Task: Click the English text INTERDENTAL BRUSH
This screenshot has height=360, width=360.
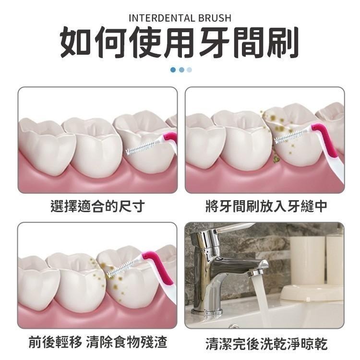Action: [x=180, y=19]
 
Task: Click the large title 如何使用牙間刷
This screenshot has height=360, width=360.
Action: [x=180, y=44]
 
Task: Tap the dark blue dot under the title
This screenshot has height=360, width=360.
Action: [x=173, y=70]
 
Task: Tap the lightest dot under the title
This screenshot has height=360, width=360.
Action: [x=189, y=70]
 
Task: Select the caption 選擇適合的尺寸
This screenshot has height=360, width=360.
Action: [x=97, y=206]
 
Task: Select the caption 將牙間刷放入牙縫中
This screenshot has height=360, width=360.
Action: [x=266, y=206]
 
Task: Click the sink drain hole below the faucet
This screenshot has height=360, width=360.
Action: [x=233, y=326]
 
